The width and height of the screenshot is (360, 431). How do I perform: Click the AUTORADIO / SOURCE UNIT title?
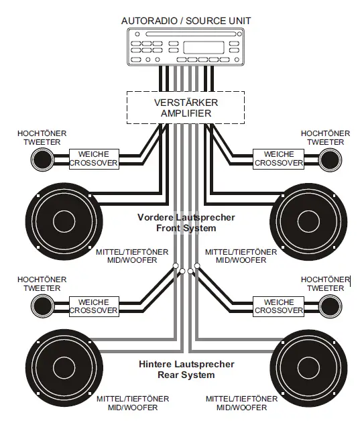pyautogui.click(x=186, y=21)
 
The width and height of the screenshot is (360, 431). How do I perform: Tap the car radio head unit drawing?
pyautogui.click(x=186, y=46)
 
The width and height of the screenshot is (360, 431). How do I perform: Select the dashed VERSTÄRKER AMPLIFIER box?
pyautogui.click(x=186, y=107)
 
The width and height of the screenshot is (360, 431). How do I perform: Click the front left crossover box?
pyautogui.click(x=94, y=159)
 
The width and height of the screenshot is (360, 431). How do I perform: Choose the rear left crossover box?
pyautogui.click(x=94, y=306)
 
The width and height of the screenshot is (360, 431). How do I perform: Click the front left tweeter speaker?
pyautogui.click(x=42, y=160)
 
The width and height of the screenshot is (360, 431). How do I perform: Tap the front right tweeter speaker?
pyautogui.click(x=329, y=160)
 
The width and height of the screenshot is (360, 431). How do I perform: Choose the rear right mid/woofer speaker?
pyautogui.click(x=308, y=368)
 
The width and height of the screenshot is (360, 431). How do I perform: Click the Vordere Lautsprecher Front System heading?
pyautogui.click(x=186, y=223)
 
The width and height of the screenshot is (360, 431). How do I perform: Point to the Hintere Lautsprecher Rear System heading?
pyautogui.click(x=186, y=369)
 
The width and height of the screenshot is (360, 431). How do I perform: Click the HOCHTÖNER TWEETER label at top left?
pyautogui.click(x=42, y=137)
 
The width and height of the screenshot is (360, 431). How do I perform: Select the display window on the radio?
pyautogui.click(x=203, y=47)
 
